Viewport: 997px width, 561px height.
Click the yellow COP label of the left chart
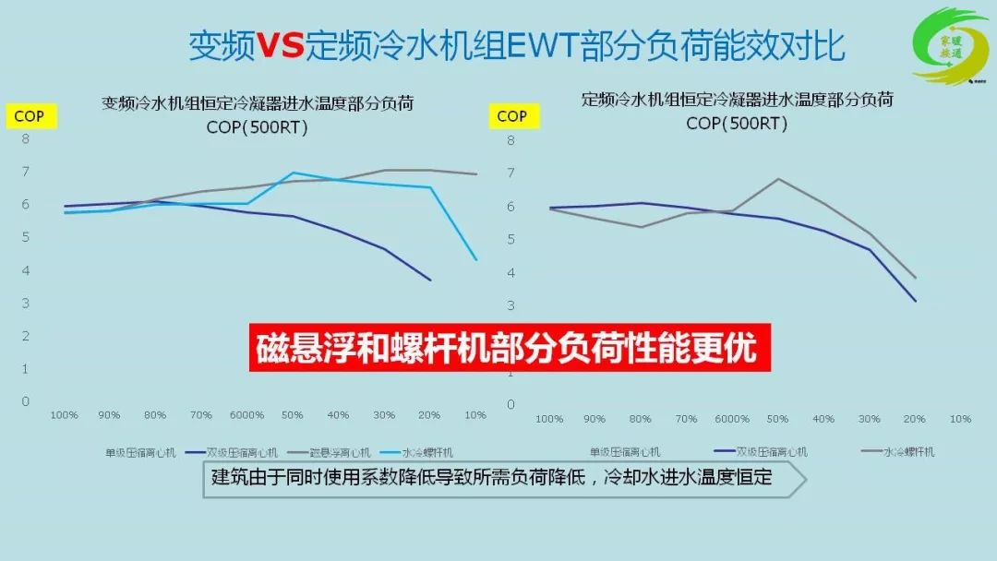click(x=29, y=117)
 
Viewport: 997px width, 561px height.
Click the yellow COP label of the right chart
click(x=511, y=116)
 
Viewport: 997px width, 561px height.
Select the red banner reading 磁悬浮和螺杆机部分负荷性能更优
click(x=510, y=348)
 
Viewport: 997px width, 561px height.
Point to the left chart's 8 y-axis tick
click(x=26, y=139)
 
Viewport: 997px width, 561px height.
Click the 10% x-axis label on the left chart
click(x=474, y=415)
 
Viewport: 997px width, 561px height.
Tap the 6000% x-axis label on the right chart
click(x=731, y=419)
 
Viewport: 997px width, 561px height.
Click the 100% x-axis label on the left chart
click(x=64, y=415)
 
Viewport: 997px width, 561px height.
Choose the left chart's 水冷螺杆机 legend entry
click(x=426, y=453)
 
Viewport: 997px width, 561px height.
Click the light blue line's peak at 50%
click(x=293, y=173)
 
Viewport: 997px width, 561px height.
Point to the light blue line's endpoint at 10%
click(x=476, y=260)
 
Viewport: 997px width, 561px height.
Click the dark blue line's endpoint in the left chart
click(x=430, y=280)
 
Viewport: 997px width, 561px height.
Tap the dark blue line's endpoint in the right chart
click(x=915, y=301)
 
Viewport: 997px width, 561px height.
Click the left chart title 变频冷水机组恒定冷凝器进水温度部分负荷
click(x=257, y=104)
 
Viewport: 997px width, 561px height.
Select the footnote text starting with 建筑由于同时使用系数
click(x=491, y=478)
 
